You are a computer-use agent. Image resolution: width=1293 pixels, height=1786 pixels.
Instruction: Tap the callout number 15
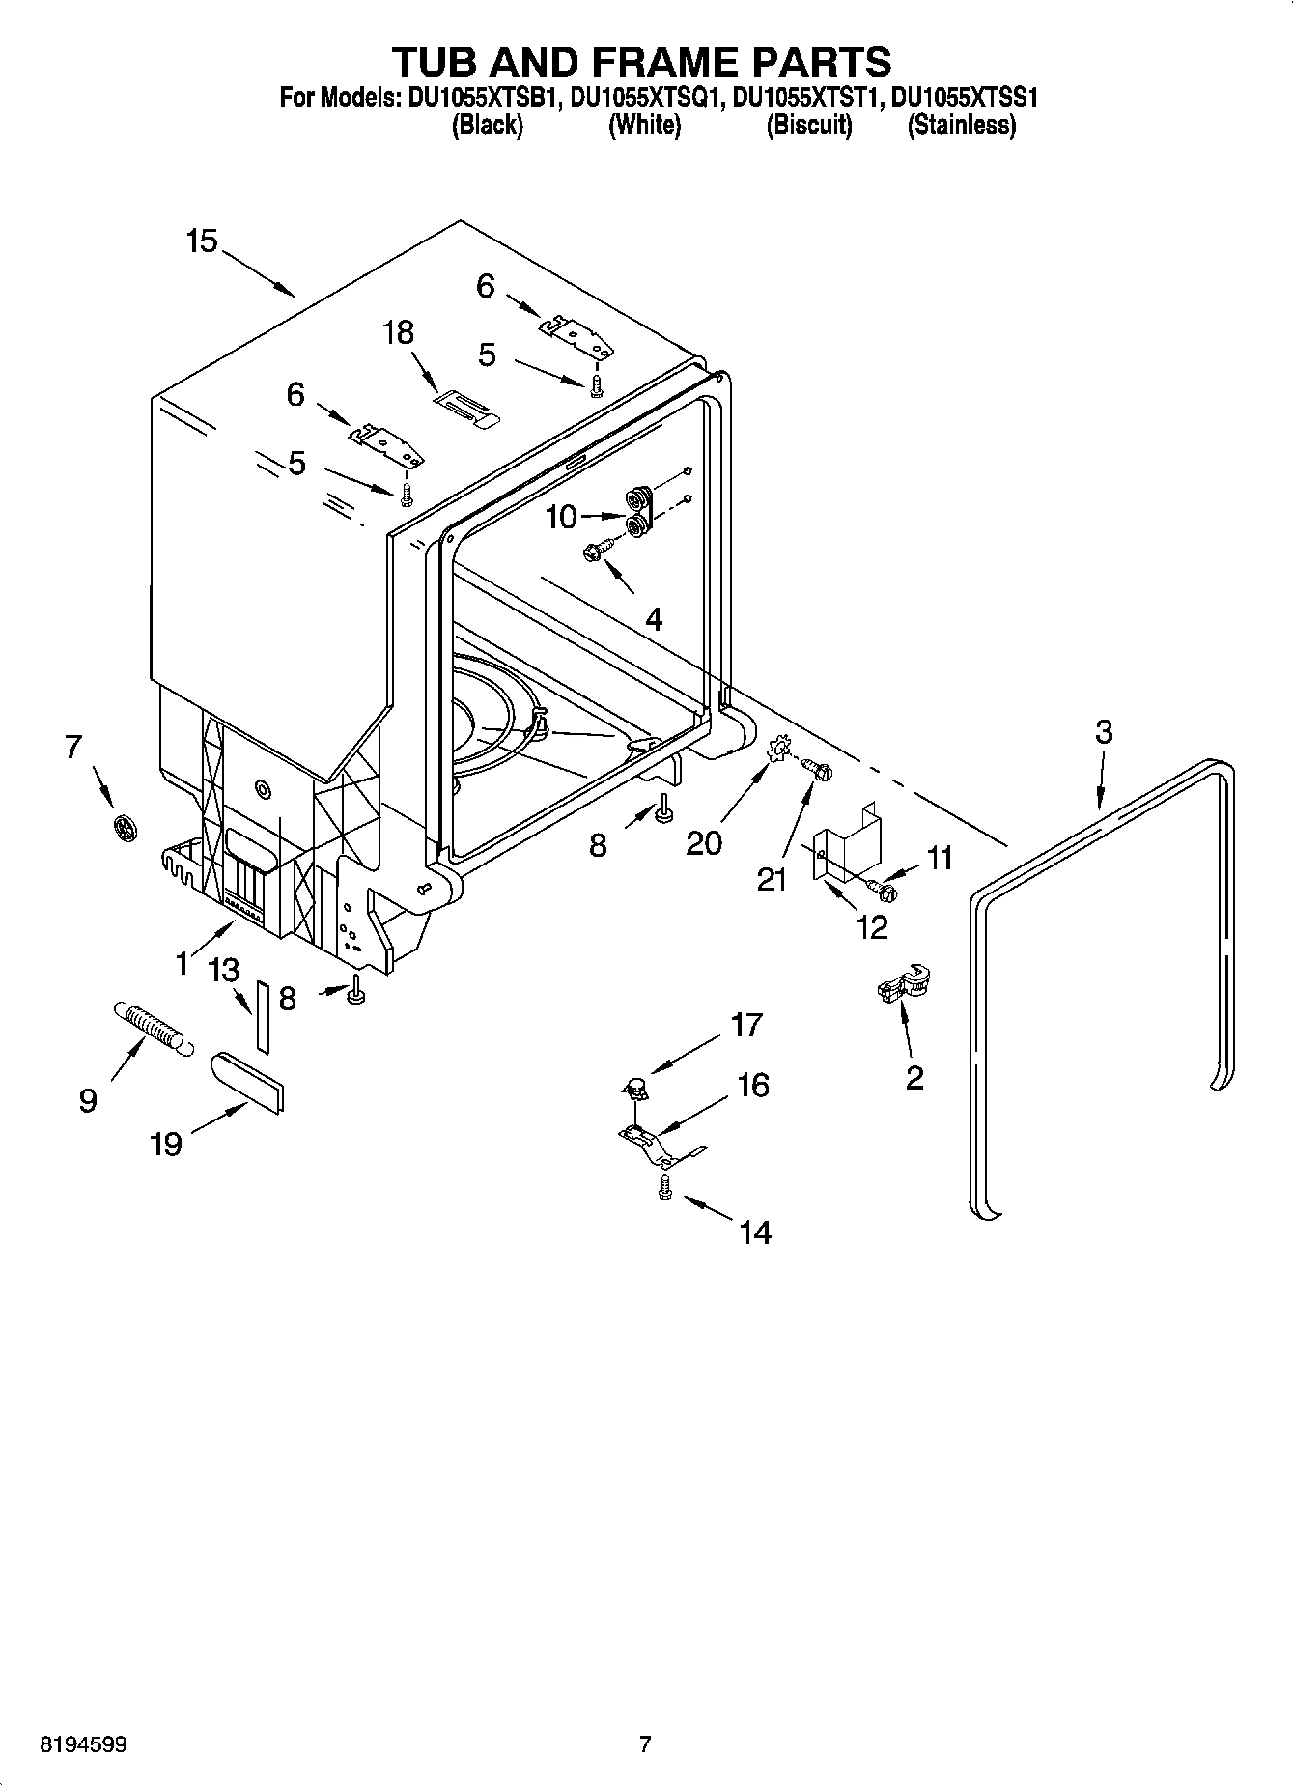click(x=202, y=241)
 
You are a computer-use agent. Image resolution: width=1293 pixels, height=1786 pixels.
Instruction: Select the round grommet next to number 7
click(x=123, y=826)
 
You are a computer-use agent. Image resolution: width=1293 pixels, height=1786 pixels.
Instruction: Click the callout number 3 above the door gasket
click(x=1104, y=732)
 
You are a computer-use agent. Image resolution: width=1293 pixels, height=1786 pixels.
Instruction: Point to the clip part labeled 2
click(x=902, y=987)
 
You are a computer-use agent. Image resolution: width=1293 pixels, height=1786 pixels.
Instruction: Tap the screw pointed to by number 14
click(x=665, y=1187)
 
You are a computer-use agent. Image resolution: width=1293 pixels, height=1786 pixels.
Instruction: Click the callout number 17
click(x=746, y=1025)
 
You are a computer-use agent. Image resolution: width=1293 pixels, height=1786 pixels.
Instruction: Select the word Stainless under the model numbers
click(x=961, y=126)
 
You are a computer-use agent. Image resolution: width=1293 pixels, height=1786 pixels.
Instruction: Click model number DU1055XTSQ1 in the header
click(x=646, y=99)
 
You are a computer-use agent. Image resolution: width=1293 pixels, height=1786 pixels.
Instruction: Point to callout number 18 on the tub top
click(x=398, y=333)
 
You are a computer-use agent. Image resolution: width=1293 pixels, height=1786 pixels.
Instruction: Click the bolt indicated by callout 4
click(x=593, y=553)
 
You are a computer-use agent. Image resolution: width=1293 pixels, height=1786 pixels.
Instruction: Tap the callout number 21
click(x=772, y=880)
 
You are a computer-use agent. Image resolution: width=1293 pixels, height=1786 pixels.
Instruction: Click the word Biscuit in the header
click(x=809, y=126)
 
